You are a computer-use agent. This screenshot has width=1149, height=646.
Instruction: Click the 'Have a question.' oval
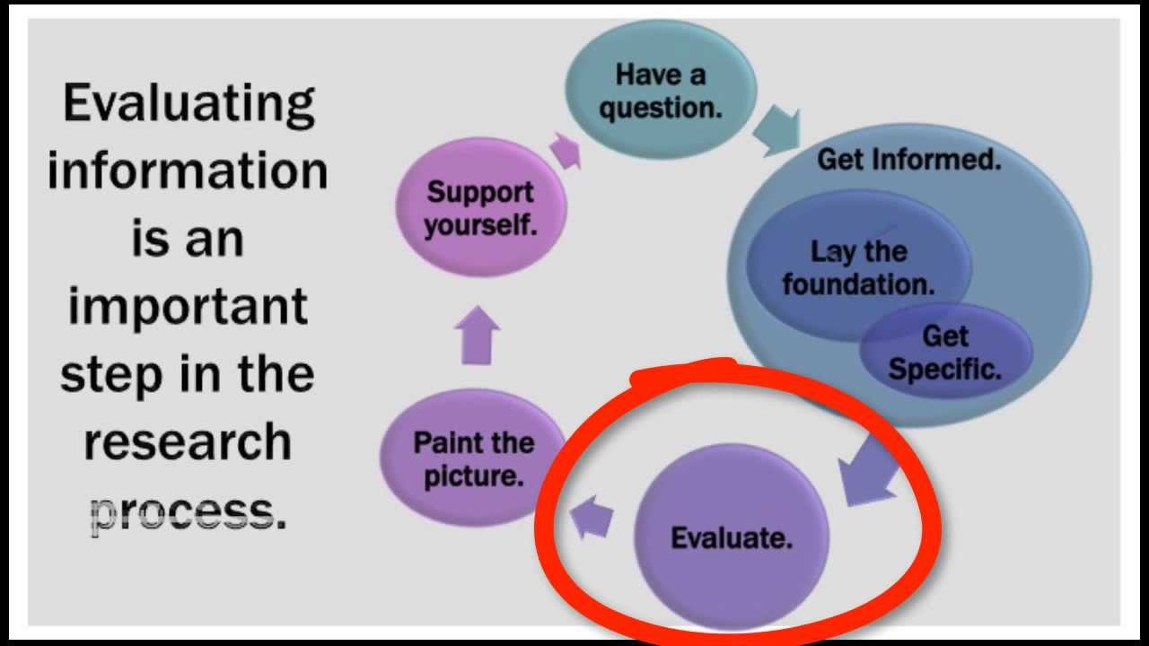click(661, 90)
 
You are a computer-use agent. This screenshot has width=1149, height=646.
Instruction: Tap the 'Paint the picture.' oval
click(473, 458)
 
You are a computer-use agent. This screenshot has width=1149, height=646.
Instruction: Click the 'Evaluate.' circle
click(732, 537)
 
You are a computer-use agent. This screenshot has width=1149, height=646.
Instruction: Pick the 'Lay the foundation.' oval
click(858, 266)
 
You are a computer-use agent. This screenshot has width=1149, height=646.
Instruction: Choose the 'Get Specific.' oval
click(945, 353)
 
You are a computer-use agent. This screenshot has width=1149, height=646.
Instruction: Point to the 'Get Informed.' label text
click(908, 161)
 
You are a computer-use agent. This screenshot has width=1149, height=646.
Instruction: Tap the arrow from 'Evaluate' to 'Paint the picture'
click(592, 518)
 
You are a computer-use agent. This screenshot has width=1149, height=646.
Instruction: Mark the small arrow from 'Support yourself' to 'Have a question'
click(565, 150)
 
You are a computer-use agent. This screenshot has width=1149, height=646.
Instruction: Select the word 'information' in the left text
click(188, 170)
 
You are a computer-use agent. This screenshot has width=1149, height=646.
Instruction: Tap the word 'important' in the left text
click(188, 308)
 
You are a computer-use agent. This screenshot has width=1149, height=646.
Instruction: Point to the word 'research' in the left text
click(188, 442)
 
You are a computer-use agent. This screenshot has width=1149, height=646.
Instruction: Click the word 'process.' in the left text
click(188, 512)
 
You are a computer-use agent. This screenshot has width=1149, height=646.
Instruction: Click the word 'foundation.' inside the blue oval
click(858, 284)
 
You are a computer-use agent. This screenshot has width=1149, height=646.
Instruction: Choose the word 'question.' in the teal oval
click(661, 108)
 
